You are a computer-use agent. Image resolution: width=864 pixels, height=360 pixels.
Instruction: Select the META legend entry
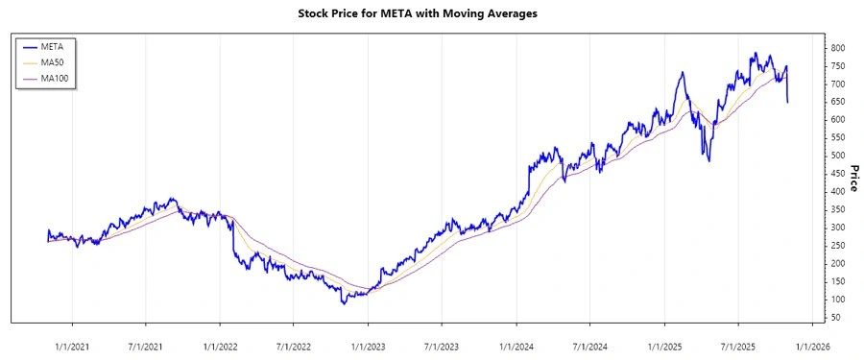pos(52,46)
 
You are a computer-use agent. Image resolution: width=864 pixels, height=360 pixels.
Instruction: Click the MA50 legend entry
pos(52,62)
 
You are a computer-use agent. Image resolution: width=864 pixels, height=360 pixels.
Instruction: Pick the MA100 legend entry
pos(54,79)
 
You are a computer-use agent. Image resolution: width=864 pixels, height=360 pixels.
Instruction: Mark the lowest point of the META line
pos(344,304)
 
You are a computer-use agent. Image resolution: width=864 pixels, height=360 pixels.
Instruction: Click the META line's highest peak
pos(756,54)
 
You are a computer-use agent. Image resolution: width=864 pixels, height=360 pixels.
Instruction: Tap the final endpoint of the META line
pos(788,102)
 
